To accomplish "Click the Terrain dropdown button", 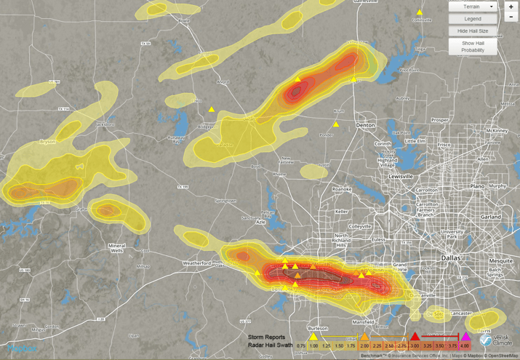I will [473, 7].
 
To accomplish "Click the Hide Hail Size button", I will [473, 31].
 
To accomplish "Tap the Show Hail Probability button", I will [473, 47].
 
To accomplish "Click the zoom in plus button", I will [511, 7].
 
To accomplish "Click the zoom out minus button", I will [511, 17].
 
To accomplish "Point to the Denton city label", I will [365, 125].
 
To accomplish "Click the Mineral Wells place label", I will [117, 249].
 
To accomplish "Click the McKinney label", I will [498, 131].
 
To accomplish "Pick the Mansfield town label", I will [364, 321].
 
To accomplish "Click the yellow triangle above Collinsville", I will [420, 12].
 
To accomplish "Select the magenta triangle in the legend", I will [465, 337].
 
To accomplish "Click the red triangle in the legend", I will [415, 337].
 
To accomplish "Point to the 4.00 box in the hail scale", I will [465, 346].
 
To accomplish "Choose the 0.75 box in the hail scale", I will [301, 346].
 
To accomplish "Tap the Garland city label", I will [491, 217].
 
